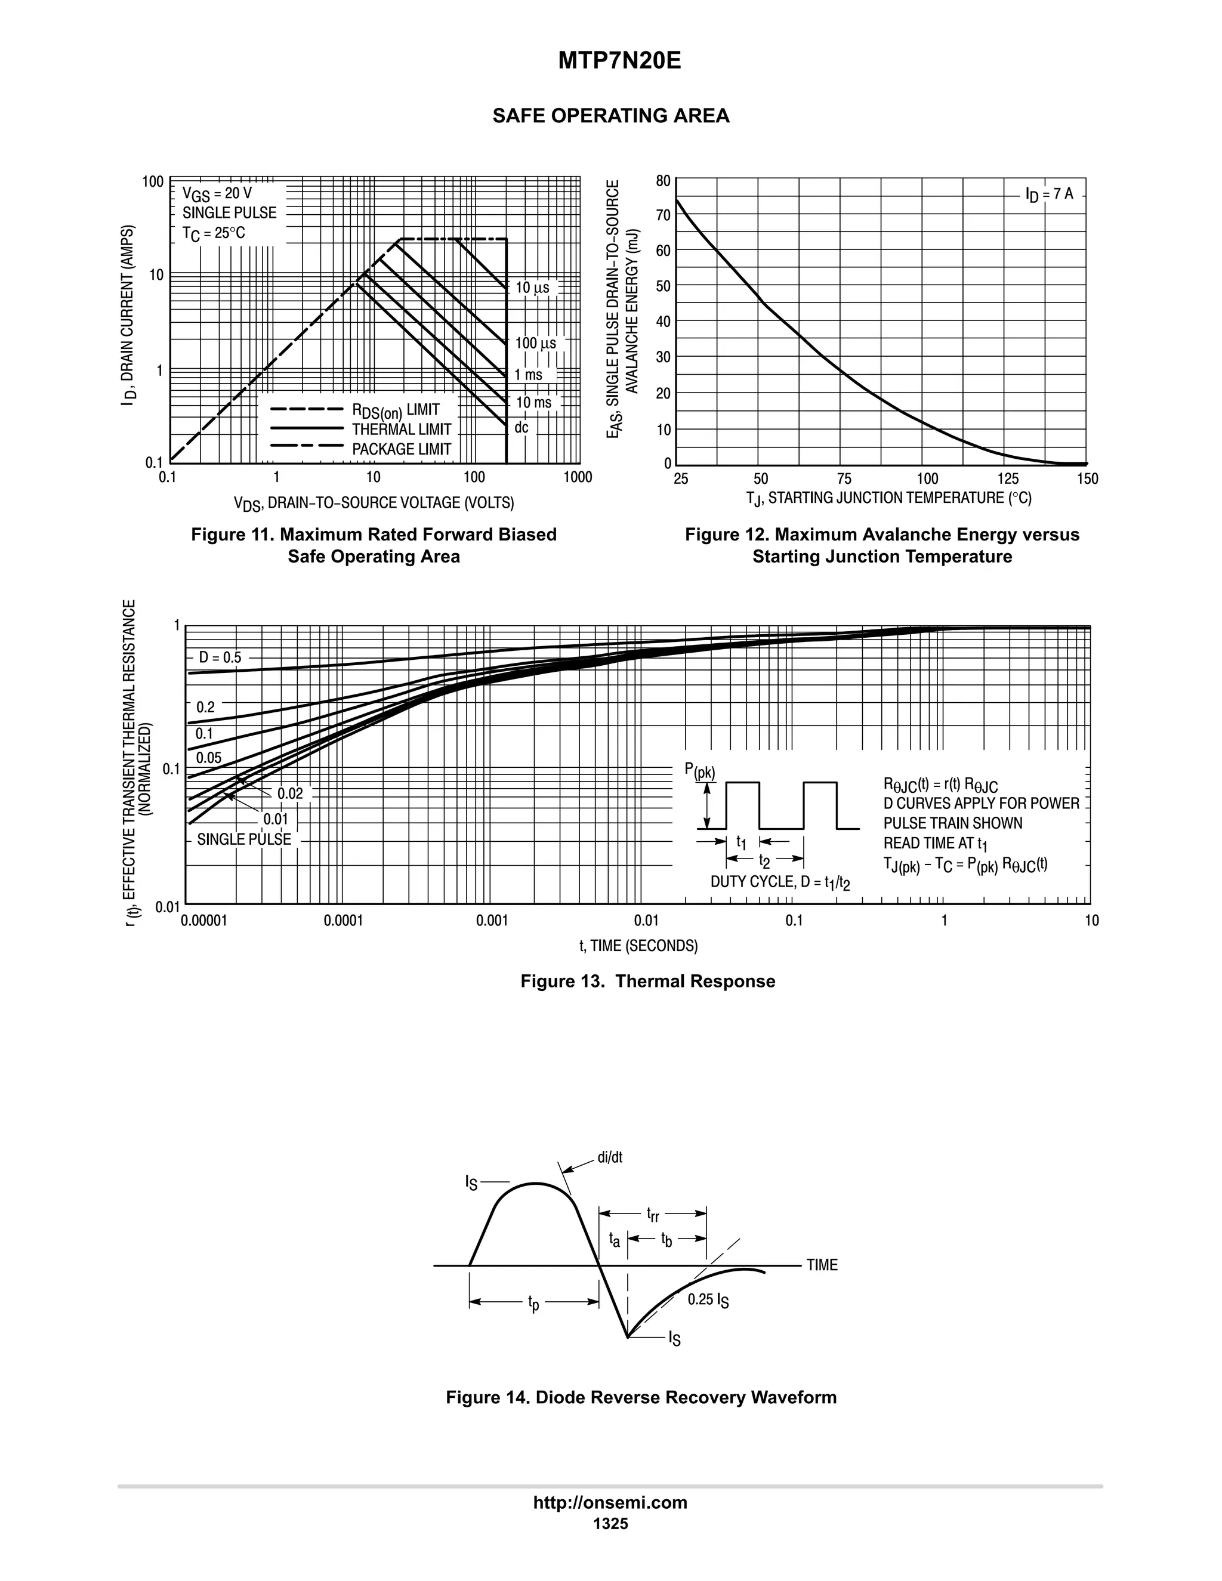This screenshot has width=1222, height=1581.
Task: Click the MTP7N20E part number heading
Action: coord(619,61)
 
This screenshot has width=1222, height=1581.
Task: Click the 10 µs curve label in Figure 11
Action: coord(532,288)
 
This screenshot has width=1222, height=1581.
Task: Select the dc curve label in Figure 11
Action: coord(521,428)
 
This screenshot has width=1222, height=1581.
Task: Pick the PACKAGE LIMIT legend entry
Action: coord(401,450)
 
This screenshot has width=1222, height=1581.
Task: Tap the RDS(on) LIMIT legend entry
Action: coord(395,410)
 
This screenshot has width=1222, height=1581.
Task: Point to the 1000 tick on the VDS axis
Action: coord(577,477)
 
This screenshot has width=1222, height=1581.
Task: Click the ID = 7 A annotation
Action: coord(1049,194)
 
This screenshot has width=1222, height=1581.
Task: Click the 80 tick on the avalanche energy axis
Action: coord(663,181)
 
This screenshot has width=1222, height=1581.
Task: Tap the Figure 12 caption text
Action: coord(882,545)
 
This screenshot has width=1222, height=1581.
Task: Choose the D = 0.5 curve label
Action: coord(220,658)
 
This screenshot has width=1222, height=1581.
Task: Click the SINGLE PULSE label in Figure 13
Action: coord(244,840)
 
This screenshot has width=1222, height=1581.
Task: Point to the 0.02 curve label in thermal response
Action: coord(291,793)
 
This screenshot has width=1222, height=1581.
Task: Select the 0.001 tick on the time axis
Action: coord(492,921)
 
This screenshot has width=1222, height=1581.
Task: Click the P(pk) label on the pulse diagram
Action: coord(699,771)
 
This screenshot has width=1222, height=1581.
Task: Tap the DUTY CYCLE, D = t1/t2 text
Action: coord(780,882)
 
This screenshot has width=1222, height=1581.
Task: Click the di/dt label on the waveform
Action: coord(610,1157)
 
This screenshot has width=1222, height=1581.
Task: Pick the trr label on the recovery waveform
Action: coord(653,1214)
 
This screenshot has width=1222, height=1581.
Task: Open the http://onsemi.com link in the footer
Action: coord(610,1502)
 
